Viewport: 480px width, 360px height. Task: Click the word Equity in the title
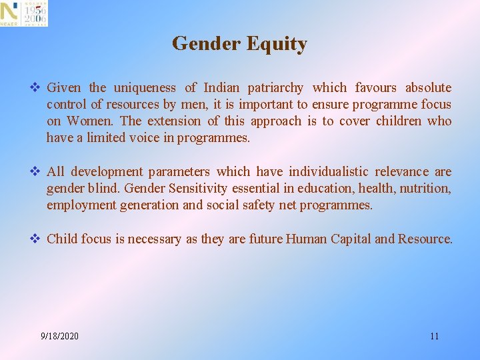277,44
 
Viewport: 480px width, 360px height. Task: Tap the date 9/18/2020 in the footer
59,336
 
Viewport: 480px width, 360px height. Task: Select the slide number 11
434,336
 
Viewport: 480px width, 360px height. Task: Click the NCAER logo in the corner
24,13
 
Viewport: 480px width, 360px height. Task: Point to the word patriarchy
275,88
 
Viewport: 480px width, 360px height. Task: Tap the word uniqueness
145,88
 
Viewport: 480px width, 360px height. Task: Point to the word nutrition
425,189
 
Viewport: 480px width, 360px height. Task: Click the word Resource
425,239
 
